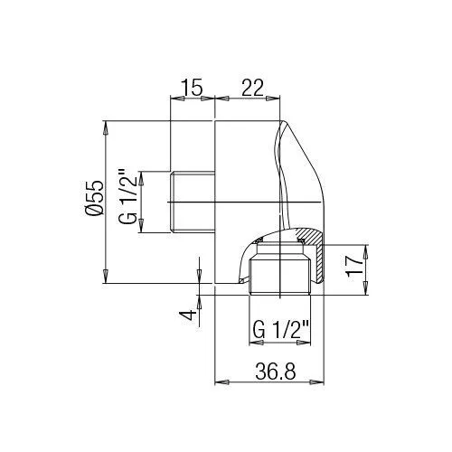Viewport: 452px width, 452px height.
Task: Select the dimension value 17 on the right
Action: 355,265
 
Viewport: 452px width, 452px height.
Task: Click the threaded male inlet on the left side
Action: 192,201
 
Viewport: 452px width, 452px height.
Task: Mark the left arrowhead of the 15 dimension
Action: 175,100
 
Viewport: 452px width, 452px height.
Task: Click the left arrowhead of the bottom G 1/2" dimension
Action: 252,344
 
